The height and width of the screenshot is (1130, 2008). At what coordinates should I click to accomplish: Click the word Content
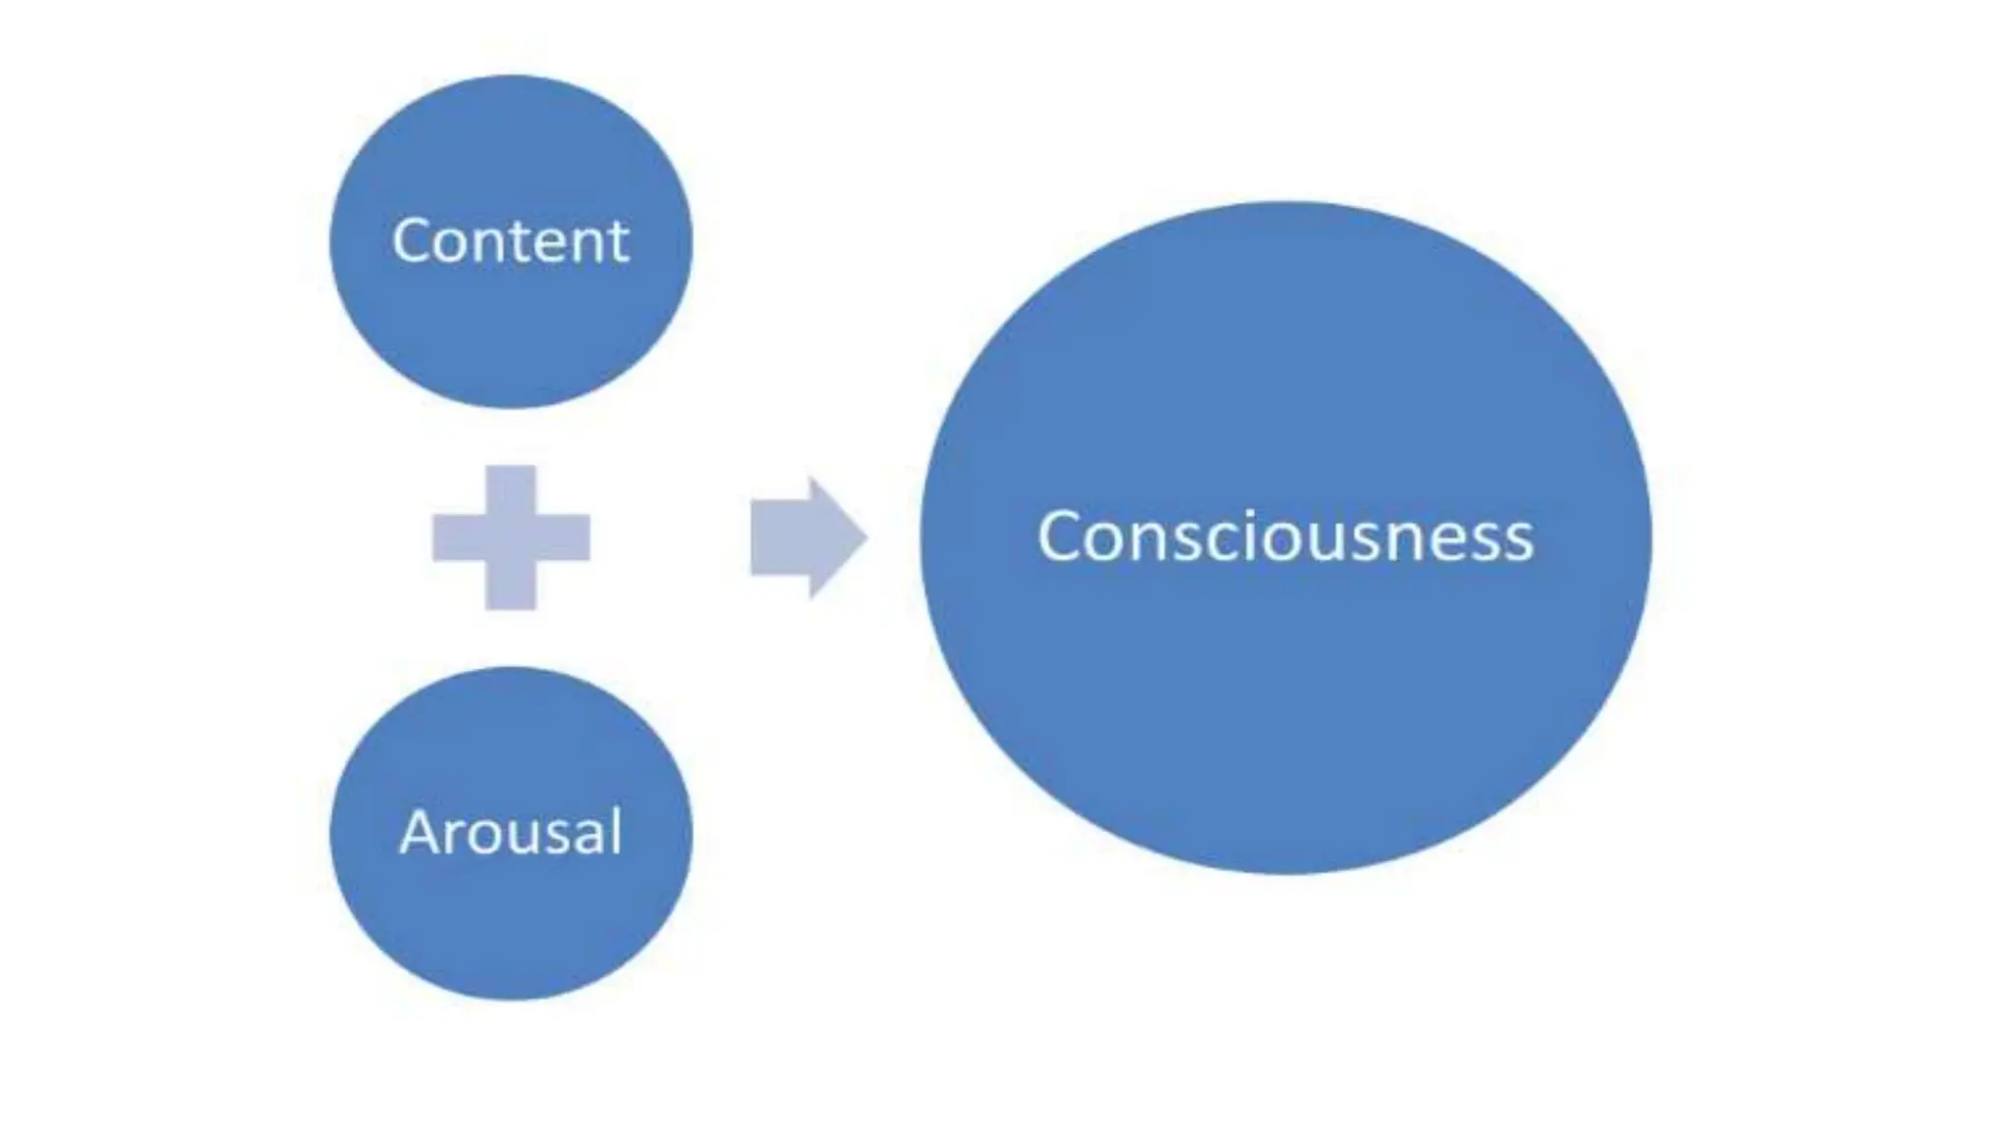click(510, 241)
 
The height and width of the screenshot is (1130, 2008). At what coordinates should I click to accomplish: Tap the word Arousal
click(510, 833)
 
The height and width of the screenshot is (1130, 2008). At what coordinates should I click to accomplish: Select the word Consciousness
click(1285, 538)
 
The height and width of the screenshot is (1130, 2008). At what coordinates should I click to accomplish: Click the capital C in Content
click(411, 241)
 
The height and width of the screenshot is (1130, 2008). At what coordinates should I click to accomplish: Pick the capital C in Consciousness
click(1058, 538)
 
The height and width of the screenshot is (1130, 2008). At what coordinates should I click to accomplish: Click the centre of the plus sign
click(511, 538)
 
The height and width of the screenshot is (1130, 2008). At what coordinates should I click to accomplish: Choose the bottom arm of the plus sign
click(511, 588)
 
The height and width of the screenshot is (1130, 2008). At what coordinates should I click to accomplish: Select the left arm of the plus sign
click(457, 538)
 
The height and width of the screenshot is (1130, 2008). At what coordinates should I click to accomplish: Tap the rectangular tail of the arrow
click(779, 538)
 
